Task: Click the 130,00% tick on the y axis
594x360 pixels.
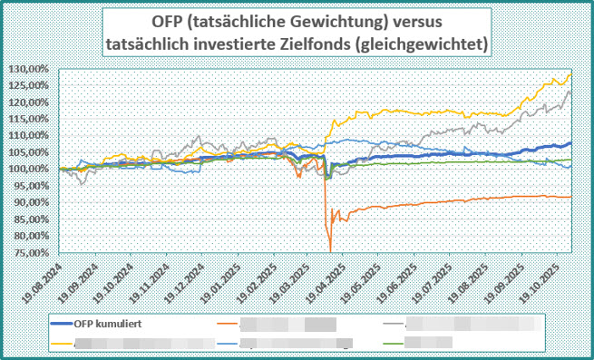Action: (31, 69)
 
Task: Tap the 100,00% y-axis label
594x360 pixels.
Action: (31, 169)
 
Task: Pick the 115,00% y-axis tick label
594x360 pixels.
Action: (31, 119)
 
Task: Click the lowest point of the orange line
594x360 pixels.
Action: (330, 251)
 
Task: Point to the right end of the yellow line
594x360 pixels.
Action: (570, 74)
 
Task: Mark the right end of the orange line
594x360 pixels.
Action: (570, 197)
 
